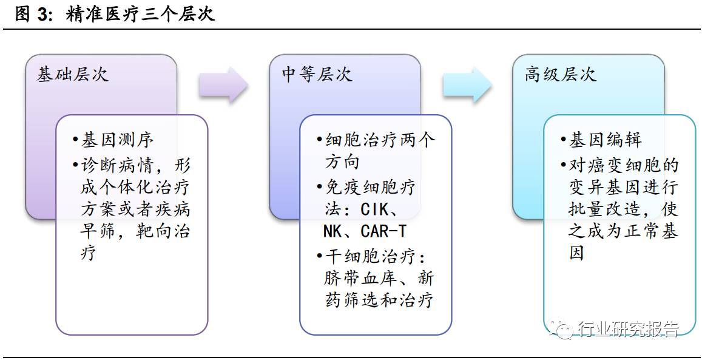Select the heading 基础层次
pyautogui.click(x=73, y=75)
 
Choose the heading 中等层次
pyautogui.click(x=317, y=75)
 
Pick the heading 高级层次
pyautogui.click(x=561, y=75)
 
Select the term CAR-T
pyautogui.click(x=383, y=231)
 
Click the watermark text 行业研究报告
pyautogui.click(x=627, y=328)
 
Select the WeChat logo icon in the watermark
pyautogui.click(x=561, y=328)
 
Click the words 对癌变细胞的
pyautogui.click(x=624, y=165)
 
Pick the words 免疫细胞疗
pyautogui.click(x=370, y=187)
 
